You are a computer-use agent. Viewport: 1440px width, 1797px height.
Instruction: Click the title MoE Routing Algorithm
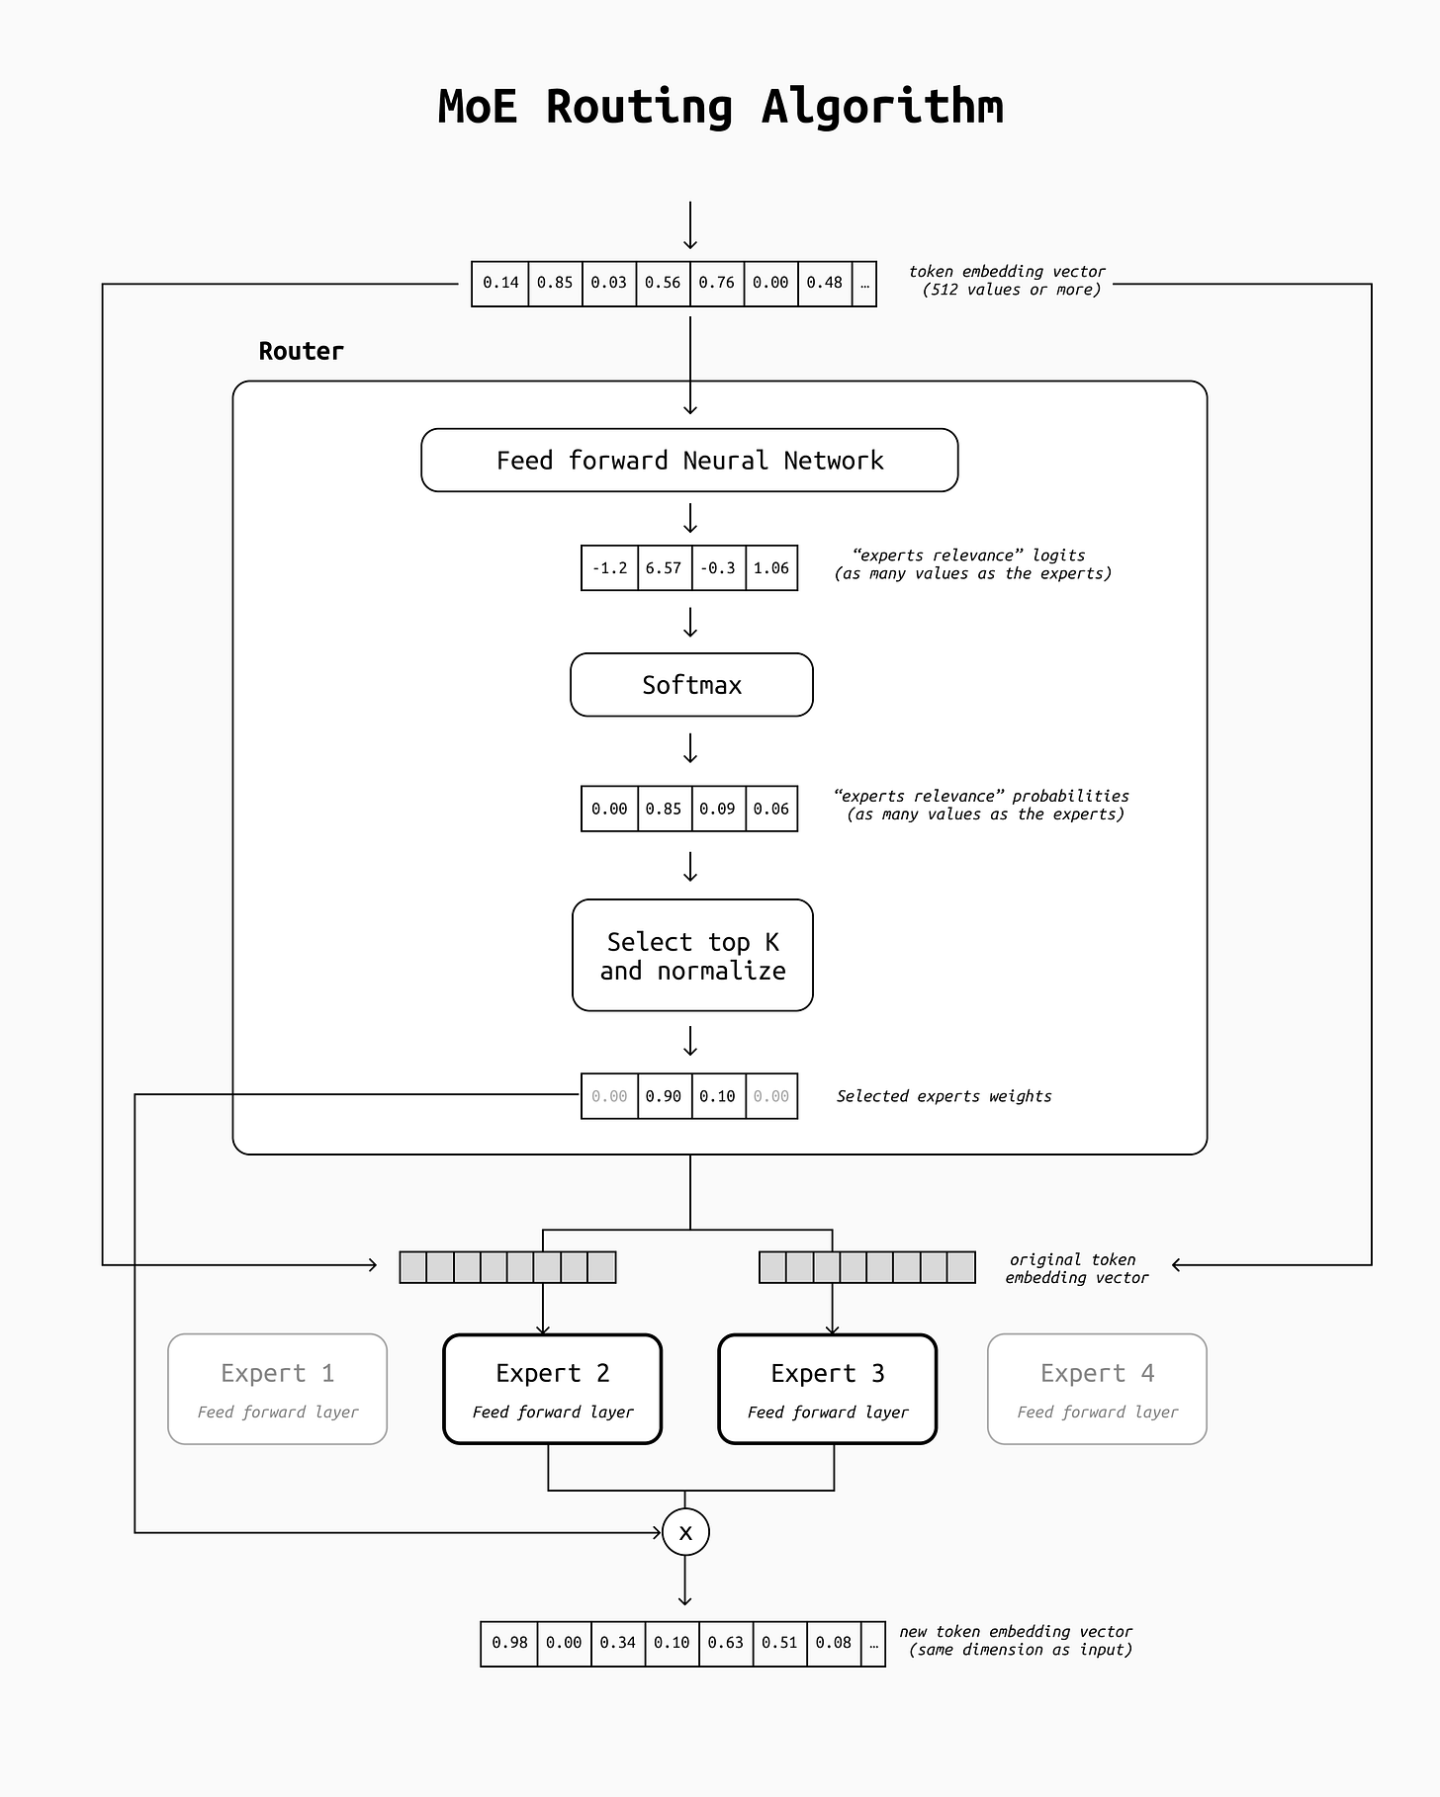click(x=720, y=107)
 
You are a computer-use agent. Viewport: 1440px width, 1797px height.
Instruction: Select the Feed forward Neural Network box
click(x=689, y=460)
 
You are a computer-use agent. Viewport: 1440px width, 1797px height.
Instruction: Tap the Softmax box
click(x=691, y=685)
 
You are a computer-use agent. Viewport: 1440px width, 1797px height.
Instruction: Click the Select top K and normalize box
click(x=692, y=955)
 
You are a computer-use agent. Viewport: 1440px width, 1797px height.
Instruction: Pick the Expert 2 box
click(x=552, y=1389)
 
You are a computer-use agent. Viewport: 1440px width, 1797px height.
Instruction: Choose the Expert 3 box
click(x=827, y=1389)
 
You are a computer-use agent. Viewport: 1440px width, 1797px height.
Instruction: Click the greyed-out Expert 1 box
click(x=277, y=1389)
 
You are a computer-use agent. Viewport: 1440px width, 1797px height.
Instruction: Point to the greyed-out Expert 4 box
click(x=1097, y=1389)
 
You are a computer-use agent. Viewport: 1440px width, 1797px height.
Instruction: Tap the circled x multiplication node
click(x=685, y=1532)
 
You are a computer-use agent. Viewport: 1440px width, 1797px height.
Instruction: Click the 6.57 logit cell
click(x=665, y=568)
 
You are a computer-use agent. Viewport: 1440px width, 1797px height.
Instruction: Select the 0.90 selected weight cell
click(x=665, y=1096)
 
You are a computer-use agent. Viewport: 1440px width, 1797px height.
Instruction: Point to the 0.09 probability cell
click(x=718, y=809)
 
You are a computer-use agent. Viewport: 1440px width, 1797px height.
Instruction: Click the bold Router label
click(x=301, y=351)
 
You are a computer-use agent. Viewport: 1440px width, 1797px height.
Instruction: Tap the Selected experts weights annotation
click(x=944, y=1096)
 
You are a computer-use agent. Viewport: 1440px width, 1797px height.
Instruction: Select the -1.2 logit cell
click(x=610, y=568)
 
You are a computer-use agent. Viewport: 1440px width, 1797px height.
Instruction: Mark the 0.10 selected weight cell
click(x=718, y=1096)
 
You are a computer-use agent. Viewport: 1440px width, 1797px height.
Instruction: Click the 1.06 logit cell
click(x=771, y=568)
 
